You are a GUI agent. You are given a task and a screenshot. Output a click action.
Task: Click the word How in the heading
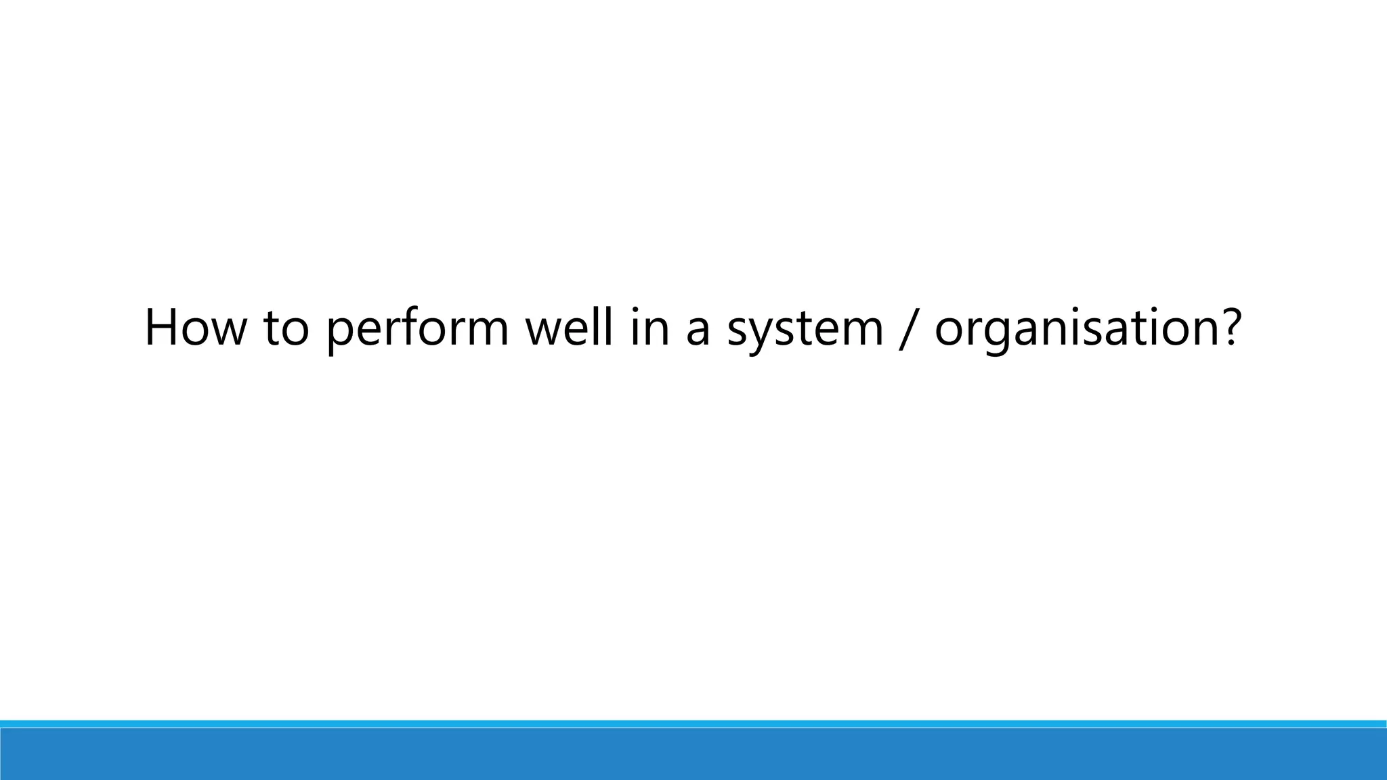tap(194, 328)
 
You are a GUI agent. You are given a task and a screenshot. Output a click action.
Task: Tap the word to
tap(286, 328)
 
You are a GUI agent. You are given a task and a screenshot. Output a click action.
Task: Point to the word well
tap(570, 328)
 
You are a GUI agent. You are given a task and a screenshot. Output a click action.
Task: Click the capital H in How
tap(162, 328)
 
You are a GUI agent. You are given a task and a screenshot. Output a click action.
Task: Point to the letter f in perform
tap(425, 326)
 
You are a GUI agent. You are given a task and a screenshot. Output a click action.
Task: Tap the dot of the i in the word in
tap(635, 312)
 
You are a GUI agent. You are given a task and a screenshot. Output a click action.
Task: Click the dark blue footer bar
tap(693, 754)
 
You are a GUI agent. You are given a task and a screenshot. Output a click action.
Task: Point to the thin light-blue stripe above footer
tap(693, 724)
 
